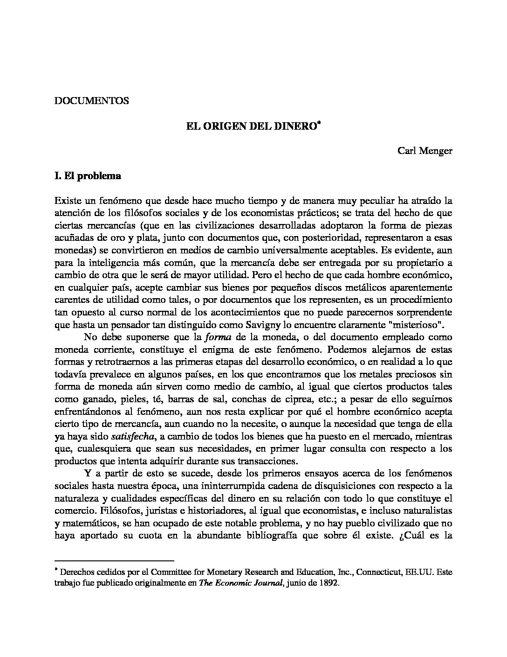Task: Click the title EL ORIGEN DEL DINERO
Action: (x=250, y=126)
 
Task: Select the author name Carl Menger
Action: (x=425, y=151)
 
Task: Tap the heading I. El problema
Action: (x=88, y=176)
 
